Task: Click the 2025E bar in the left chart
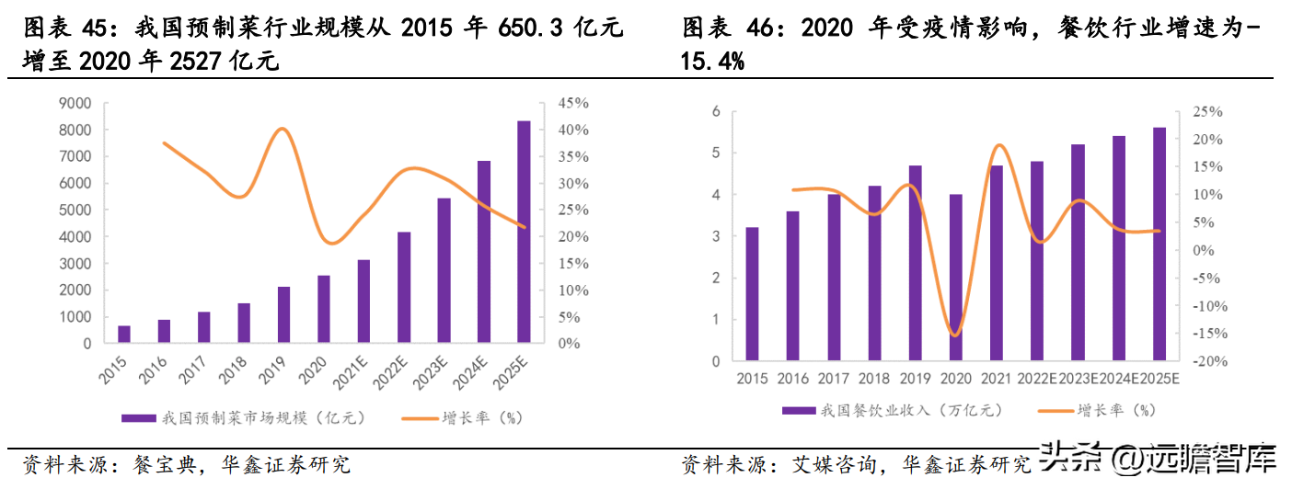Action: (x=524, y=232)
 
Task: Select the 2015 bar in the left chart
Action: (x=124, y=334)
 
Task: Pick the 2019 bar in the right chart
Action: (x=916, y=263)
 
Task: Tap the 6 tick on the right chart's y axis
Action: (x=715, y=111)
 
